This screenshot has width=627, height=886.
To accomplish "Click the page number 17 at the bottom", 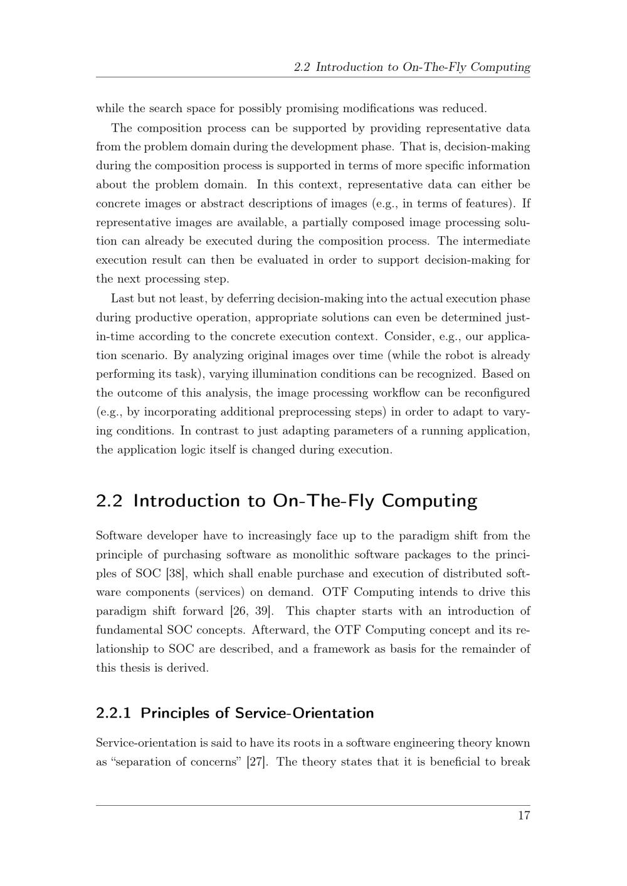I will click(524, 816).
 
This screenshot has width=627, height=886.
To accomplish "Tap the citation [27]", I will click(256, 762).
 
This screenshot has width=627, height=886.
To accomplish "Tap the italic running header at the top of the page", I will click(412, 67).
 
